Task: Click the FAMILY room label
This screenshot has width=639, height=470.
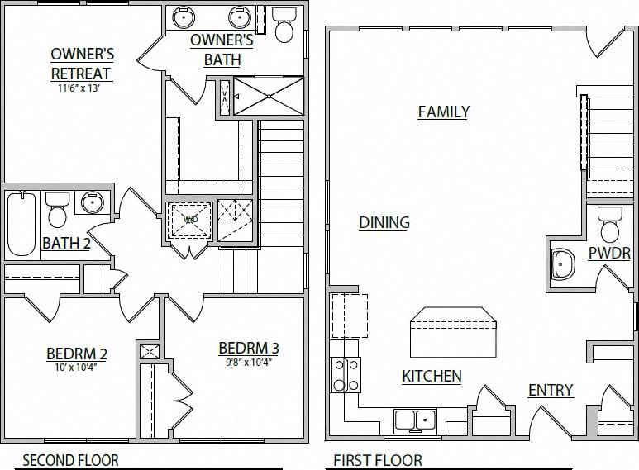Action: pos(443,112)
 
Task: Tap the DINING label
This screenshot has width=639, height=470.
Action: pos(384,222)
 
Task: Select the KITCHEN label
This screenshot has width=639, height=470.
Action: pos(431,377)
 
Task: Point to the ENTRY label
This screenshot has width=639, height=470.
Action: pos(550,390)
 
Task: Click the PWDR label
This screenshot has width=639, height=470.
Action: pos(609,254)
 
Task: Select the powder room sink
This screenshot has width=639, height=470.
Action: pos(563,265)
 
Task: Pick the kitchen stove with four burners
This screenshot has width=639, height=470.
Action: pos(346,375)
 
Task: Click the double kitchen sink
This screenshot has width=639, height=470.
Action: pos(415,420)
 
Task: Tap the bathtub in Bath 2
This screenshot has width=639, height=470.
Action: pos(21,223)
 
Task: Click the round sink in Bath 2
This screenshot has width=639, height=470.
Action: pos(90,202)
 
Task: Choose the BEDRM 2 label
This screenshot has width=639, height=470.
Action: pos(76,354)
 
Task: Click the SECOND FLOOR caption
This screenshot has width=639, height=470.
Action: pos(70,460)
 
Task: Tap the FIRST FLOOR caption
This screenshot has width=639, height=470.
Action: pos(377,460)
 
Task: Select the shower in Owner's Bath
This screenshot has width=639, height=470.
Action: pos(269,97)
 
